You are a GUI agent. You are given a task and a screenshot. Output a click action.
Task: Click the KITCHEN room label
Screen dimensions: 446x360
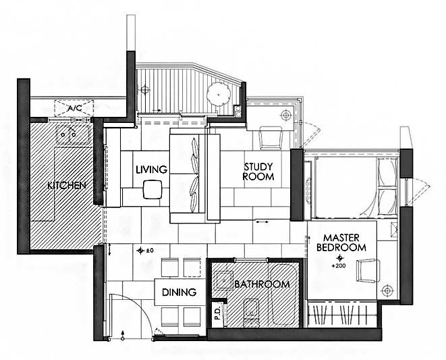[67, 186]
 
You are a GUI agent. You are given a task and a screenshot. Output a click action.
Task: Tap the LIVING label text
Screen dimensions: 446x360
[151, 170]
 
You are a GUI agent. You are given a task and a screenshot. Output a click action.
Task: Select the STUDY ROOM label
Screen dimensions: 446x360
[258, 172]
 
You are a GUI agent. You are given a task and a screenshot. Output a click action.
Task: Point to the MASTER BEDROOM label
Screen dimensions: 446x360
[341, 242]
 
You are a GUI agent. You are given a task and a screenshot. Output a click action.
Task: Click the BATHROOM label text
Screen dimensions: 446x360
[262, 284]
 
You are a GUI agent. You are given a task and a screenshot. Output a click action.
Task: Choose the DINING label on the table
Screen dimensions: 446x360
[179, 292]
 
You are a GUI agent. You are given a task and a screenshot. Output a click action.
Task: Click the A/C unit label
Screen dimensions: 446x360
[75, 108]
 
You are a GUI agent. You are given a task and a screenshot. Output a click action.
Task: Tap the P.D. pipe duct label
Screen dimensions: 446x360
[217, 313]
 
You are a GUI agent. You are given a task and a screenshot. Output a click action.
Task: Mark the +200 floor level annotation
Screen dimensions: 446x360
[339, 266]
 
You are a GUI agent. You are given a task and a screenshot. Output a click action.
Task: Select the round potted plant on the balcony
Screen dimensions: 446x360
[219, 95]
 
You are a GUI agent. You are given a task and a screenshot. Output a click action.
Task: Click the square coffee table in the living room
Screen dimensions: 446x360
[152, 189]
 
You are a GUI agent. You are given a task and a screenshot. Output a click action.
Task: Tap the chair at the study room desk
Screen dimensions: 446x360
[271, 138]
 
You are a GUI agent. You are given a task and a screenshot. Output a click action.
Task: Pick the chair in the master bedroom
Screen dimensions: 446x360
[368, 271]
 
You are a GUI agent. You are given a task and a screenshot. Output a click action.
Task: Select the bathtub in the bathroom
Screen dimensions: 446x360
[283, 294]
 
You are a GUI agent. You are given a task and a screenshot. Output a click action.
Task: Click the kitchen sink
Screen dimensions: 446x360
[74, 134]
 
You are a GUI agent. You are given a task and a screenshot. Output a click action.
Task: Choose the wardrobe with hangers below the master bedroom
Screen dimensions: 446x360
[341, 314]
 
